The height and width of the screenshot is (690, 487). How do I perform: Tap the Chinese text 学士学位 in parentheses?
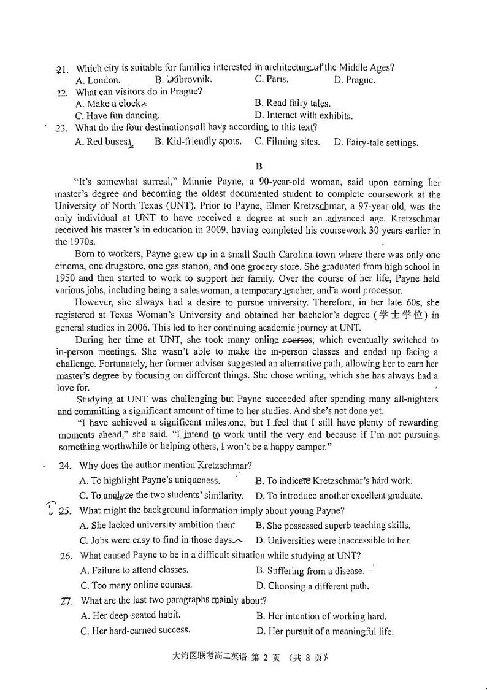(404, 315)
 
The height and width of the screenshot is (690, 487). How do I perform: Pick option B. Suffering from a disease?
(310, 570)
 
